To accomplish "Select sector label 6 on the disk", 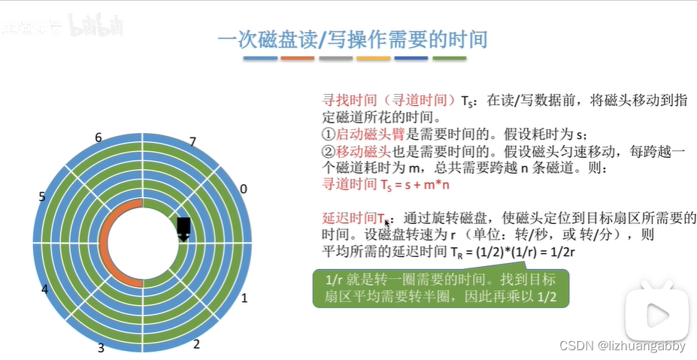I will (98, 137).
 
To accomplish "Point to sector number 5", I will (42, 197).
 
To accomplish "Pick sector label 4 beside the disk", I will (45, 289).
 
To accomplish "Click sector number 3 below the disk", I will (101, 348).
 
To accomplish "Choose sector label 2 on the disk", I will (196, 344).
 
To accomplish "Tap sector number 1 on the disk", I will (244, 298).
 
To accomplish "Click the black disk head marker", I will (183, 228).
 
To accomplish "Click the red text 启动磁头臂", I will (364, 135).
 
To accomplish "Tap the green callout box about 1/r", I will (441, 289).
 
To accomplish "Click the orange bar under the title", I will (297, 58).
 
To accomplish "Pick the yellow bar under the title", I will (373, 58).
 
